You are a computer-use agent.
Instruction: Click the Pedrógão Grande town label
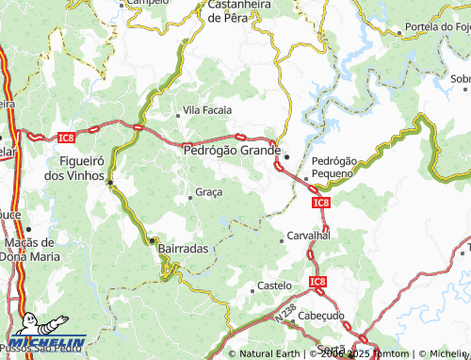click(231, 149)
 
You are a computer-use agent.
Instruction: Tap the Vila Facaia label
click(207, 110)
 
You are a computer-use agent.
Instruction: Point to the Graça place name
click(208, 192)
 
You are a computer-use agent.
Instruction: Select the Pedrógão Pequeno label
click(334, 168)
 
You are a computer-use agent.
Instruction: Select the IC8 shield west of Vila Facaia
click(65, 138)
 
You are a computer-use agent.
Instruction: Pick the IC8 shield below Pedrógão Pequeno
click(320, 202)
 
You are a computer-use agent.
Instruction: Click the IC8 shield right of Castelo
click(317, 281)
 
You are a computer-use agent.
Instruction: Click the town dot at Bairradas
click(153, 241)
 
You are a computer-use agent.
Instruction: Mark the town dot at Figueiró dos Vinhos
click(110, 182)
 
